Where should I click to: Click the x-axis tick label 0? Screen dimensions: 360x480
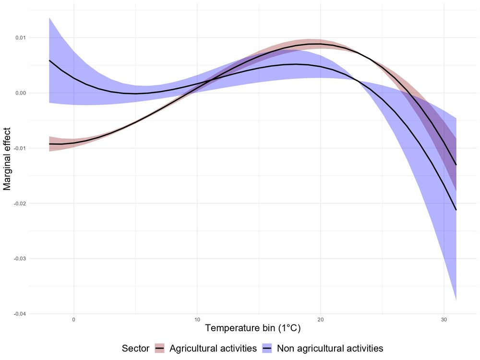pyautogui.click(x=74, y=319)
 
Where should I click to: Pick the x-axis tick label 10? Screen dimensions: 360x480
pyautogui.click(x=197, y=319)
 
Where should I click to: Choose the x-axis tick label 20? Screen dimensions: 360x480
pyautogui.click(x=320, y=319)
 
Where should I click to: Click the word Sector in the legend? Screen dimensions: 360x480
pyautogui.click(x=135, y=348)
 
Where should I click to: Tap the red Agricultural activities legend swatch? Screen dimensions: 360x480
pyautogui.click(x=159, y=348)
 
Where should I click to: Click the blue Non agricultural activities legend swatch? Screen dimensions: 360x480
pyautogui.click(x=267, y=348)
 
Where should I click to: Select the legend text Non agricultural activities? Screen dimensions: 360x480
pyautogui.click(x=330, y=348)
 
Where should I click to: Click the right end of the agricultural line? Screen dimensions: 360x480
pyautogui.click(x=456, y=165)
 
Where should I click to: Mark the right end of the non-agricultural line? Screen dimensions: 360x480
pyautogui.click(x=456, y=210)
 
